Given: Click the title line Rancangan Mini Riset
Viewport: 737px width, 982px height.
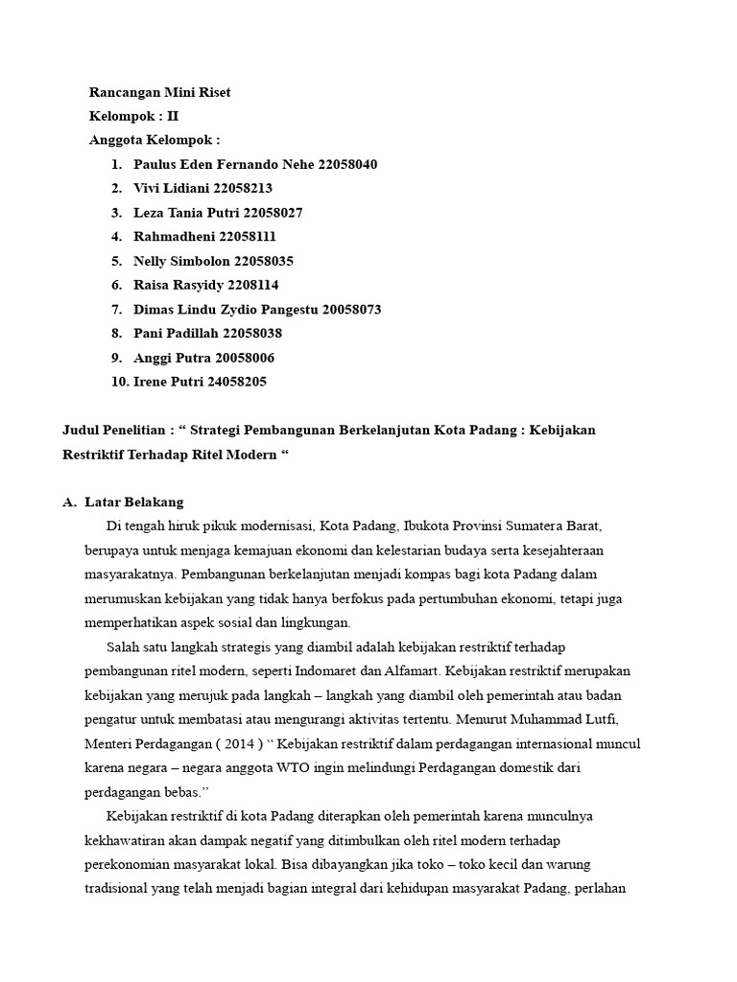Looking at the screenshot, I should coord(159,92).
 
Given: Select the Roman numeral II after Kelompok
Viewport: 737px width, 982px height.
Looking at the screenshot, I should coord(173,116).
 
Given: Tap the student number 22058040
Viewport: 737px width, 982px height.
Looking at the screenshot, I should coord(341,164).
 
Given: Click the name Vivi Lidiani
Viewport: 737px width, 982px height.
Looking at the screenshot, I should coord(171,188).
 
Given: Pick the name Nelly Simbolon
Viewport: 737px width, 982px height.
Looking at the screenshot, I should coord(186,261).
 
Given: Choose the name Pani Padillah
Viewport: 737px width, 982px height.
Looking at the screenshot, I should coord(176,333).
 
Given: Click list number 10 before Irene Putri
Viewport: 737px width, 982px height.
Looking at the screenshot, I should coord(120,382).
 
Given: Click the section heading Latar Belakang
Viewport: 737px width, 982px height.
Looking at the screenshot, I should coord(133,502).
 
